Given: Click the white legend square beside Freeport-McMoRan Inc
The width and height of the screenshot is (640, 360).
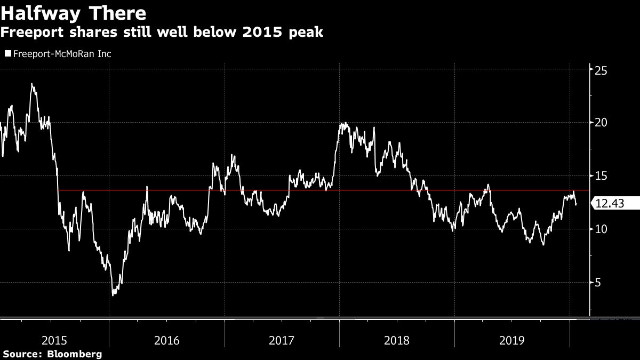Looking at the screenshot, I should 7,54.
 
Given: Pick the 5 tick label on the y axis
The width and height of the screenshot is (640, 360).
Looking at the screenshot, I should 598,282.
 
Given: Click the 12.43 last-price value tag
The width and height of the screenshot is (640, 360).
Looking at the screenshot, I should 610,203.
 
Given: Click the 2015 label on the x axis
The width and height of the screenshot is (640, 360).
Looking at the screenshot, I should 54,340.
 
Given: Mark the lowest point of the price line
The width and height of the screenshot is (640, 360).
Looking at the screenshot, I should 113,295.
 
